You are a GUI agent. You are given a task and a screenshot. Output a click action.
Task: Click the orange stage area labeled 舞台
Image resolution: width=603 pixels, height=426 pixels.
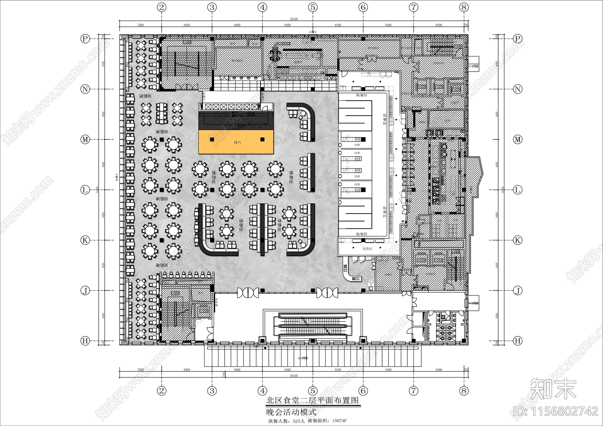[x=236, y=142]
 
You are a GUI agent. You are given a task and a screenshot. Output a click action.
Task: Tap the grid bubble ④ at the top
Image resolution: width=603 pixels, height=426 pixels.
[x=262, y=7]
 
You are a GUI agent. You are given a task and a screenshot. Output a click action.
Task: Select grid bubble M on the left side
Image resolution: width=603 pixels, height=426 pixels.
[x=85, y=139]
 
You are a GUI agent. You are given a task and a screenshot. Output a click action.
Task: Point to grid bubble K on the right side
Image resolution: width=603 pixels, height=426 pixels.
[x=518, y=240]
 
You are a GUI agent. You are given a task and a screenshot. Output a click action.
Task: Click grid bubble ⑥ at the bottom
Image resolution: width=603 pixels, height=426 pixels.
[x=363, y=391]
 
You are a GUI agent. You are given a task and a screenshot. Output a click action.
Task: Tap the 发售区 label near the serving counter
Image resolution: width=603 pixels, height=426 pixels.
[x=367, y=249]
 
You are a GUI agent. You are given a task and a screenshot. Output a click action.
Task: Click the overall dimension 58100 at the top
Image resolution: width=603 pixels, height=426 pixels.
[x=294, y=19]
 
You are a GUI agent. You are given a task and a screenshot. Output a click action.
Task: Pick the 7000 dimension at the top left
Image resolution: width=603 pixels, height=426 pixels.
[x=140, y=25]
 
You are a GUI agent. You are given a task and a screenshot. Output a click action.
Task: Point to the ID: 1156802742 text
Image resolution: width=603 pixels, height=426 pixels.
[x=556, y=411]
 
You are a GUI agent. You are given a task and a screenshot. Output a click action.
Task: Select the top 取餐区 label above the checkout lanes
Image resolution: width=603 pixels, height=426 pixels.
[x=361, y=96]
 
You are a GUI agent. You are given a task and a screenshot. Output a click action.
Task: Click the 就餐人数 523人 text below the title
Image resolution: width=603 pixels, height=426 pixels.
[x=286, y=421]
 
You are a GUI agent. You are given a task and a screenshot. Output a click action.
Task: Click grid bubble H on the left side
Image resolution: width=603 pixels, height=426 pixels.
[x=85, y=341]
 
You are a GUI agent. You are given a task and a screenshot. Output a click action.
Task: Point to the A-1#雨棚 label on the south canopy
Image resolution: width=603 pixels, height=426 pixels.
[x=303, y=358]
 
